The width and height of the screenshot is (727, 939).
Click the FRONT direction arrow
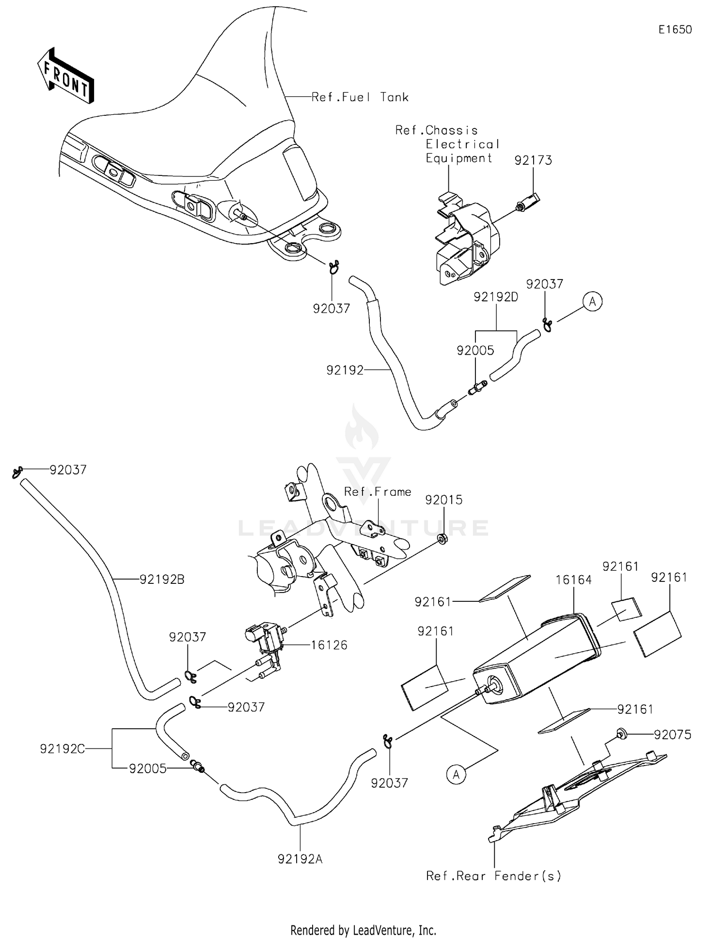(65, 76)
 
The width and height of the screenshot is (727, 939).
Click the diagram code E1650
(675, 30)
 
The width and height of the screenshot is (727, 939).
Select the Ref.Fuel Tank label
(360, 97)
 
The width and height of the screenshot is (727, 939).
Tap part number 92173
(533, 160)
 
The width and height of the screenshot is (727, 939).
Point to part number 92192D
(496, 297)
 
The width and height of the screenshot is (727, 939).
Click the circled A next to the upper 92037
(592, 301)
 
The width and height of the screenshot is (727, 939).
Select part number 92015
(444, 500)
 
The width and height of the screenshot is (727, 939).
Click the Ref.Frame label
(378, 492)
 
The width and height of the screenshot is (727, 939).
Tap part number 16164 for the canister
(573, 579)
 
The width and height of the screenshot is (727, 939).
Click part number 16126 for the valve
(329, 645)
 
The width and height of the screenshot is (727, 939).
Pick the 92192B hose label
(162, 579)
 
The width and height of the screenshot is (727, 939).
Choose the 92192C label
(63, 749)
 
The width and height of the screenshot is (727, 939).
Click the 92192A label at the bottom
(300, 859)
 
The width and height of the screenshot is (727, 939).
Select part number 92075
(672, 735)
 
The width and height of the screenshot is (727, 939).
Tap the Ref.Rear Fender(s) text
(493, 876)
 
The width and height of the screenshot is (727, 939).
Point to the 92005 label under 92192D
(475, 350)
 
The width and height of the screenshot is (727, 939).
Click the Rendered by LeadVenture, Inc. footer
(363, 930)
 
